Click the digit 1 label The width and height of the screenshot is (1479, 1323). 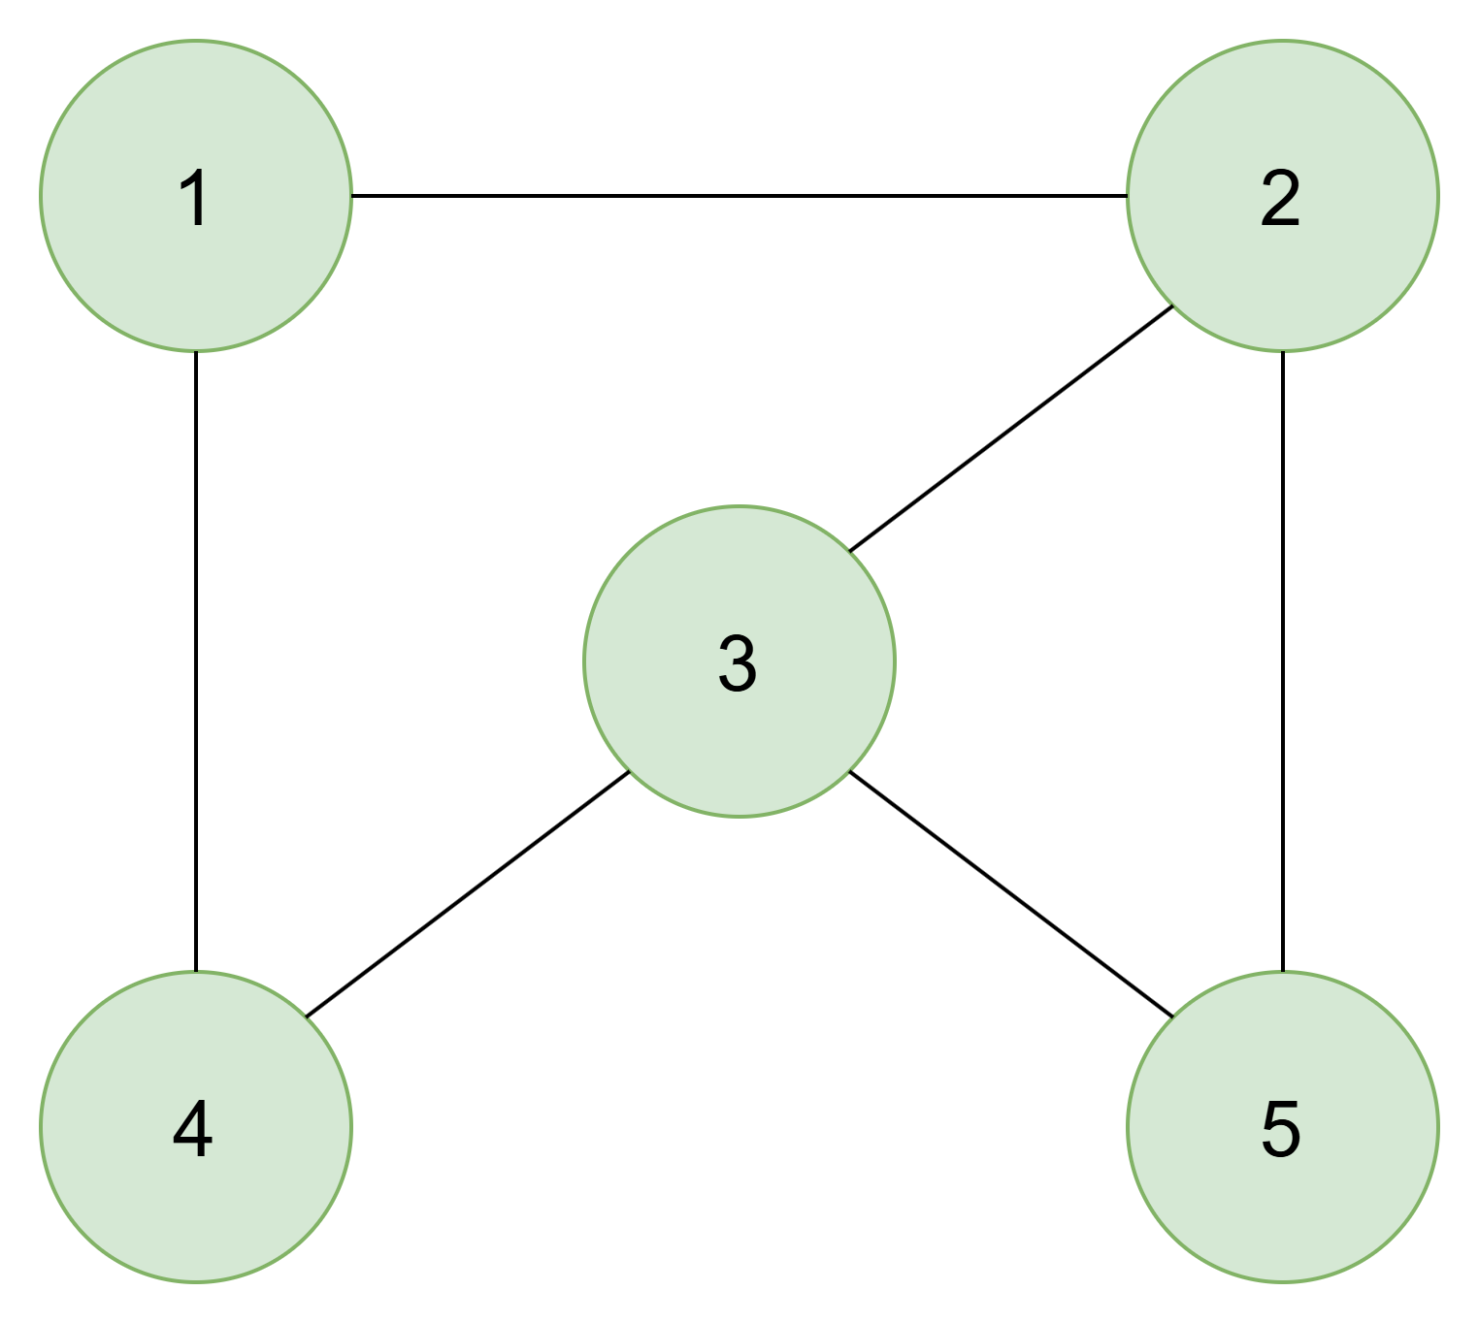[195, 198]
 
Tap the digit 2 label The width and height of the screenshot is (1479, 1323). [1280, 198]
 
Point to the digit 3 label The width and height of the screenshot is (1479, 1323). [738, 663]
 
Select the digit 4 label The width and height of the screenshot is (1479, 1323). [193, 1129]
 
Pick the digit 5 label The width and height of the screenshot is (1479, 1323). [1280, 1130]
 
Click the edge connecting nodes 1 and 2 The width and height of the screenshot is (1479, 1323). [739, 196]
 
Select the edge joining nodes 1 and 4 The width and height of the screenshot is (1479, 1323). [196, 661]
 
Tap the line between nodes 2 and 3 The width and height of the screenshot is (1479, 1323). [1011, 429]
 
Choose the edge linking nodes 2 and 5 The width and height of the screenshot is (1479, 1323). [1283, 661]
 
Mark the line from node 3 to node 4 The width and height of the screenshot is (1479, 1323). [467, 894]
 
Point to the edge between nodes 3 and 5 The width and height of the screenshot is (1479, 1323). [1011, 894]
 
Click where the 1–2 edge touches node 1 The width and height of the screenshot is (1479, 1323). [352, 196]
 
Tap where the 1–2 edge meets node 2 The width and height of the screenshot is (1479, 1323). [1128, 196]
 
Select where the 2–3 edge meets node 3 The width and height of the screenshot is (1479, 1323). [850, 551]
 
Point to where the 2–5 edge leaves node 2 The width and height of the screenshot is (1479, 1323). [1283, 352]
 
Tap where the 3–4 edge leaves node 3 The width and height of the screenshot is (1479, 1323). [629, 772]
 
